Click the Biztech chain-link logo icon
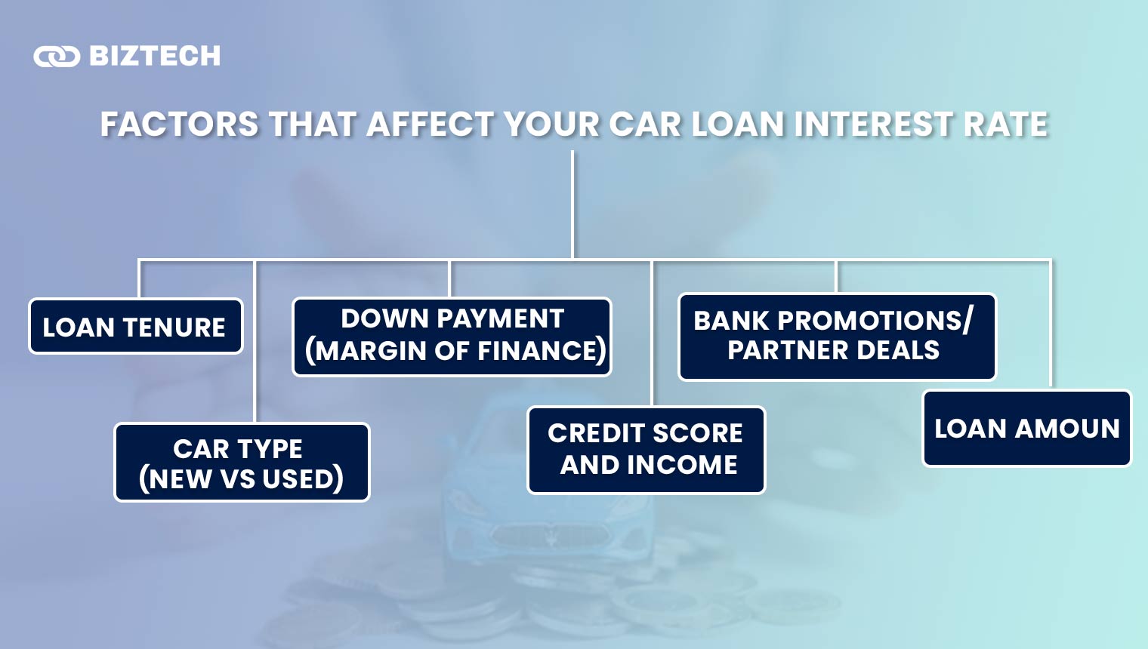point(57,57)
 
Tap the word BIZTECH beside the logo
point(155,56)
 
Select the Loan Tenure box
point(136,327)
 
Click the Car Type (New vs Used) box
point(242,463)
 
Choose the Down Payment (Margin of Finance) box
point(452,337)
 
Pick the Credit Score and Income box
point(646,450)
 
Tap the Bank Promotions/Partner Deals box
point(837,337)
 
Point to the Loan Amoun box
point(1026,428)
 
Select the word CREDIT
point(594,433)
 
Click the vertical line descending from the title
point(572,204)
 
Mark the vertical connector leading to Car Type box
point(255,340)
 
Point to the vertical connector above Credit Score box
point(653,332)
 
